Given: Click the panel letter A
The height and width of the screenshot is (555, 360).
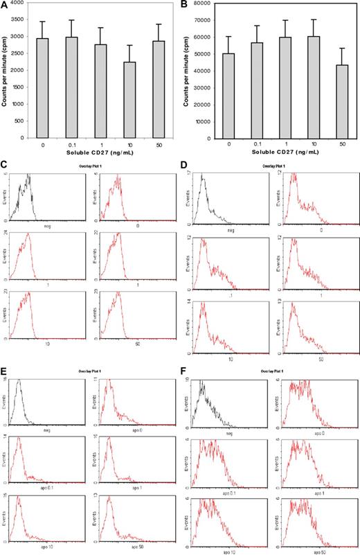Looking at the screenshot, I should point(5,5).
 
